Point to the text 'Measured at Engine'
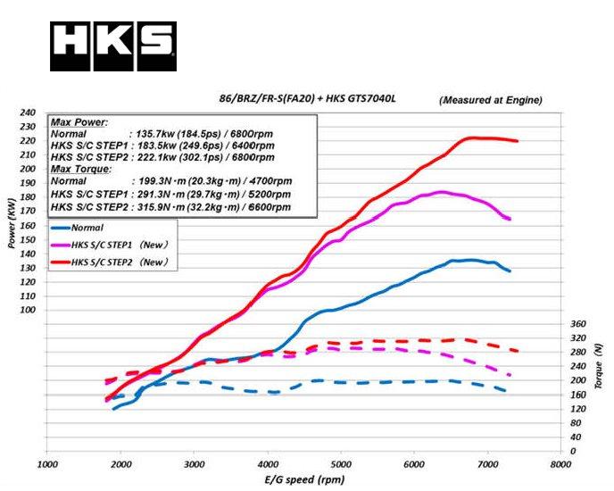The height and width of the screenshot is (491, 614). [x=491, y=99]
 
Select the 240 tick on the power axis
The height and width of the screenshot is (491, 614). [x=29, y=112]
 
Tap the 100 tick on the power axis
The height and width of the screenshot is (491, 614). [x=29, y=310]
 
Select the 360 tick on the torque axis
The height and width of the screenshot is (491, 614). [x=577, y=323]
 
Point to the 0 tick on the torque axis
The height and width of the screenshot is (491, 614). [x=574, y=451]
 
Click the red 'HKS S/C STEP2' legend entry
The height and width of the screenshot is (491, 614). [x=111, y=262]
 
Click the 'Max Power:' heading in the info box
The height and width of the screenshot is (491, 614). [x=79, y=122]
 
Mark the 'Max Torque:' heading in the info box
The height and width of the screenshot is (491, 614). [x=80, y=169]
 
